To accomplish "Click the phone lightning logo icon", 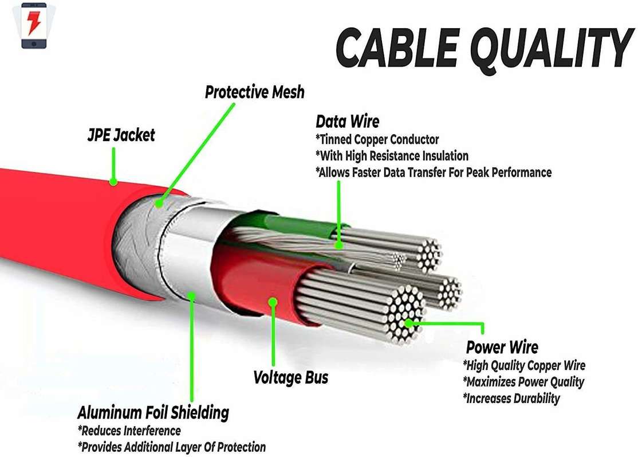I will pyautogui.click(x=34, y=26).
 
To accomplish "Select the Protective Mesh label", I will pyautogui.click(x=255, y=92).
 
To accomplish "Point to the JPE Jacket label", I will pyautogui.click(x=121, y=135).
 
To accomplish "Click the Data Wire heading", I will pyautogui.click(x=347, y=122).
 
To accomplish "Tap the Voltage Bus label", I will pyautogui.click(x=291, y=377).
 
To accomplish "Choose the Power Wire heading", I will pyautogui.click(x=502, y=347).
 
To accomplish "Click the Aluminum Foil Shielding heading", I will pyautogui.click(x=153, y=412).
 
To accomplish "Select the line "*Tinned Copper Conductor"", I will pyautogui.click(x=377, y=139).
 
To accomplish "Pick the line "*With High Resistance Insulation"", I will pyautogui.click(x=392, y=155).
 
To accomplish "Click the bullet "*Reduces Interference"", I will pyautogui.click(x=129, y=431).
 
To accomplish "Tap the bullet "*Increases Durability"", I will pyautogui.click(x=511, y=398).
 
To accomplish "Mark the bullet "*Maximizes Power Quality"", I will pyautogui.click(x=523, y=382).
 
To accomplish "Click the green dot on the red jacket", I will pyautogui.click(x=113, y=182).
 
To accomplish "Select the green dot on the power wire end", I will pyautogui.click(x=409, y=323).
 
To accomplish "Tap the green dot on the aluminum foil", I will pyautogui.click(x=192, y=296).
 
